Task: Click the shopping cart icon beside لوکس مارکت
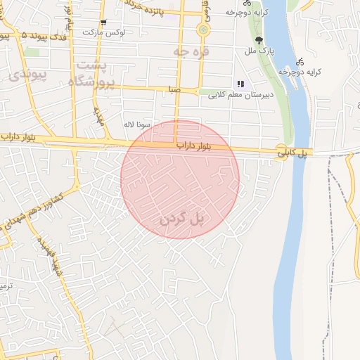point(103,22)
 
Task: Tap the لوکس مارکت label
point(103,33)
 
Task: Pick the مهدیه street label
point(98,116)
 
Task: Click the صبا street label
point(174,90)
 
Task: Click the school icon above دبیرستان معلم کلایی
point(240,84)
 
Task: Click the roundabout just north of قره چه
point(203,30)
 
